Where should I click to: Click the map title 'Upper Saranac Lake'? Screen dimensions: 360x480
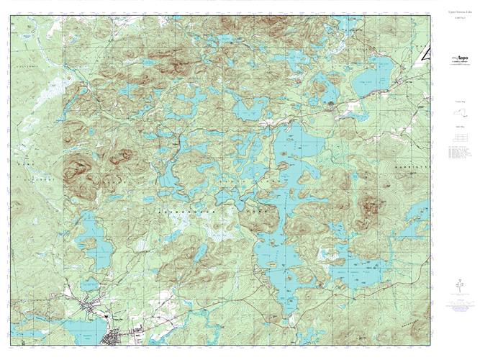click(x=455, y=13)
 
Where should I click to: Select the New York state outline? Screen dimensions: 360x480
click(x=455, y=114)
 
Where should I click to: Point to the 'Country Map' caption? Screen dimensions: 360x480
click(x=455, y=104)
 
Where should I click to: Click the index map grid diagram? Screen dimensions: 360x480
click(x=455, y=138)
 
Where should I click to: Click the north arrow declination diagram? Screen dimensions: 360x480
click(x=455, y=287)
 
